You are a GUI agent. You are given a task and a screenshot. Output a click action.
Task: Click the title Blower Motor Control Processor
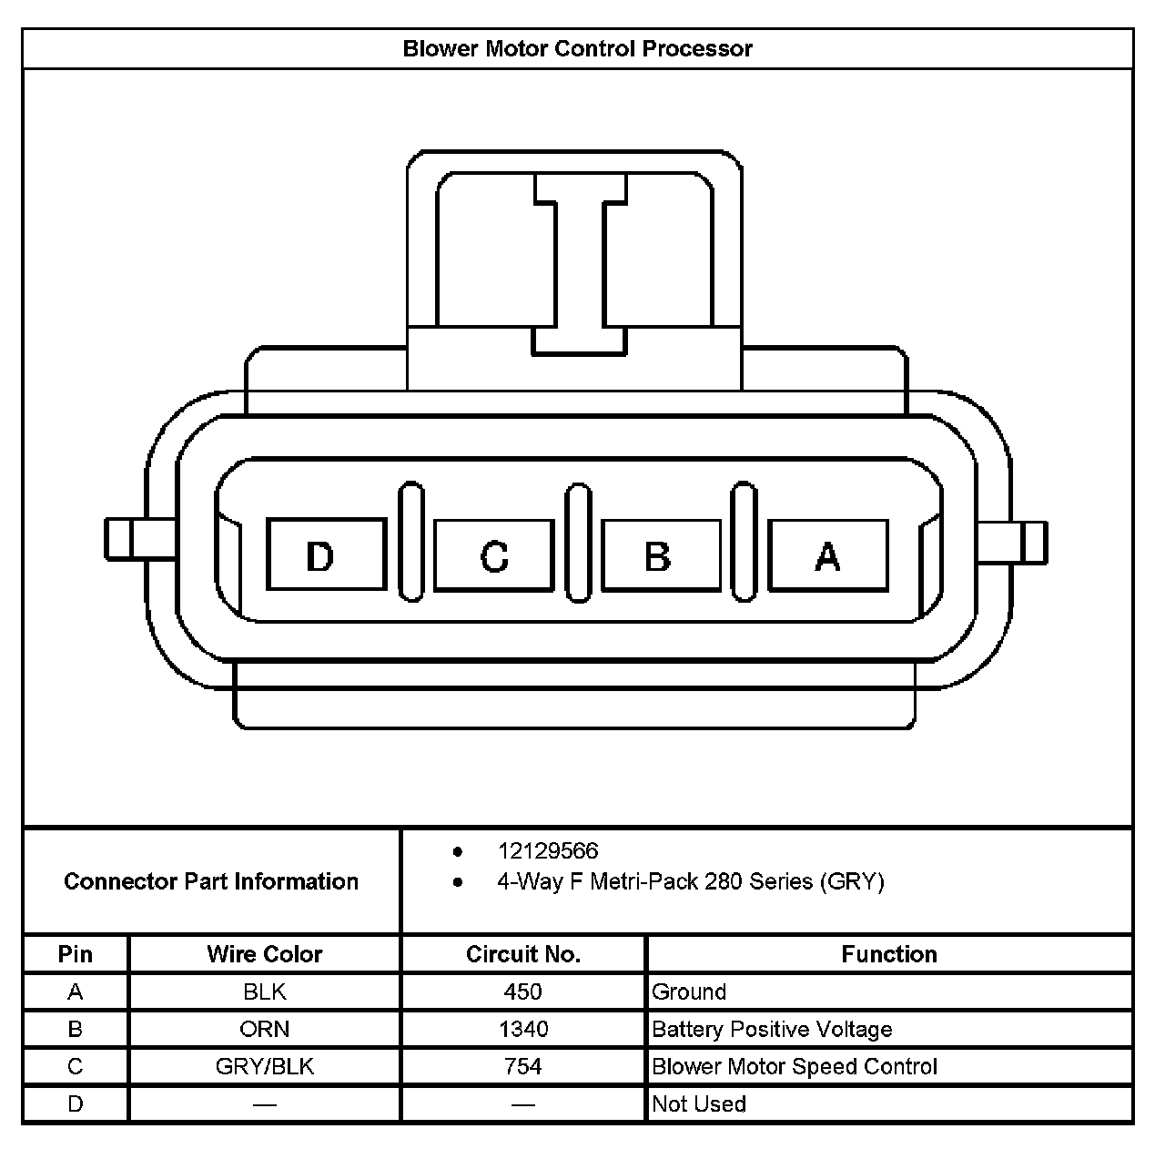click(x=577, y=48)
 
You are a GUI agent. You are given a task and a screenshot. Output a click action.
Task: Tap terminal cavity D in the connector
click(x=325, y=554)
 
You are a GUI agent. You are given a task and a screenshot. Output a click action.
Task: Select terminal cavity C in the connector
click(x=493, y=554)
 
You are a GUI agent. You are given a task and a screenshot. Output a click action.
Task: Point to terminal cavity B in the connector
click(x=660, y=554)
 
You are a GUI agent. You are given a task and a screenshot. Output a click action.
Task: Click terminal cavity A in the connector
click(x=827, y=554)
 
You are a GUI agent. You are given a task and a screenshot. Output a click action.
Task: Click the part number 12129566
click(x=548, y=851)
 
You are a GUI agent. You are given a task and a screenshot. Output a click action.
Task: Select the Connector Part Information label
click(x=211, y=881)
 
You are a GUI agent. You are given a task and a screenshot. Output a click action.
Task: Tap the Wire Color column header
click(x=264, y=954)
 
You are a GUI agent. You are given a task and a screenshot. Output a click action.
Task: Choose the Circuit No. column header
click(x=523, y=954)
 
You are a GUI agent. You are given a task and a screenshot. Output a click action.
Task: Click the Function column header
click(x=888, y=954)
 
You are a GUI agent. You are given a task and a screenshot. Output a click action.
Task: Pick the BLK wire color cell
click(x=264, y=991)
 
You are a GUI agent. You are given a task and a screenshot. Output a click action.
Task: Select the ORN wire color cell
click(x=264, y=1029)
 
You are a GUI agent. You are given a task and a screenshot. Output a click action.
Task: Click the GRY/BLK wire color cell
click(x=264, y=1066)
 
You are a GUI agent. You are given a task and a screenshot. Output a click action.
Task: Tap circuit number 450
click(x=523, y=991)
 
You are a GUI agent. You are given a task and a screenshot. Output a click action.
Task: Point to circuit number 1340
click(x=523, y=1029)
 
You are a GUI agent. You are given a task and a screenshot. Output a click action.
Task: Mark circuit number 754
click(x=523, y=1066)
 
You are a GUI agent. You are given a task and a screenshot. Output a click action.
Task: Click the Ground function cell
click(x=689, y=991)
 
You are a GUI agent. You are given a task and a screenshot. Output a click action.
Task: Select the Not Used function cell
click(x=699, y=1103)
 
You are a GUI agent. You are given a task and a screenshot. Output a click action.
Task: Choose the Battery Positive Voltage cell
click(x=772, y=1029)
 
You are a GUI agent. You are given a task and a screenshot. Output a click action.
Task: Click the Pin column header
click(x=76, y=954)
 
